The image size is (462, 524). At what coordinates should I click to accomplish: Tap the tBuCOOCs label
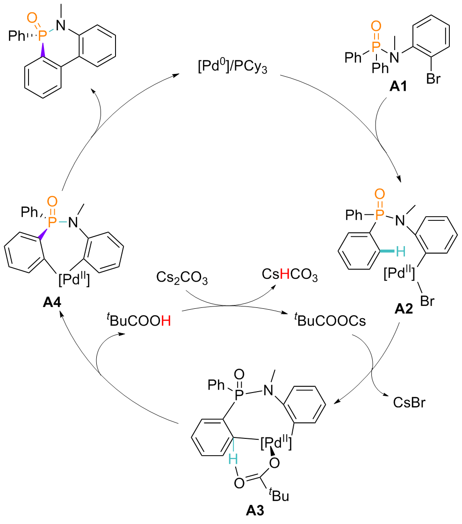point(325,322)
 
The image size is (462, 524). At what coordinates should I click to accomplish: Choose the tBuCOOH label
point(138,322)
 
